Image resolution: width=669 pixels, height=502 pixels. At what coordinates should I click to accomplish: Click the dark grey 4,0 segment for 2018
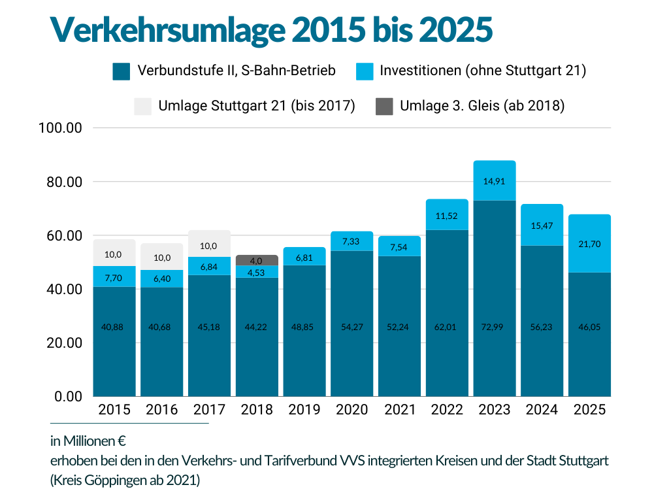(257, 259)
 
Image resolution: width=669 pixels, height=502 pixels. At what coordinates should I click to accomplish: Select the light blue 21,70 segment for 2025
(589, 243)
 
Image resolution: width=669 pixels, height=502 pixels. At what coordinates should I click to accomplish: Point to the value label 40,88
(114, 327)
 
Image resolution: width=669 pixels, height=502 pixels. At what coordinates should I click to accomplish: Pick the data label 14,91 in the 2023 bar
(495, 182)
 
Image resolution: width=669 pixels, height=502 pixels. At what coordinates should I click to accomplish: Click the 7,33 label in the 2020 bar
(351, 242)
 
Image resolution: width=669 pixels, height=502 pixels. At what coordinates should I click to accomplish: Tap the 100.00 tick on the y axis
(60, 127)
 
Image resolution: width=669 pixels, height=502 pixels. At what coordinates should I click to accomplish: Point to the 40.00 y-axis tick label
(60, 289)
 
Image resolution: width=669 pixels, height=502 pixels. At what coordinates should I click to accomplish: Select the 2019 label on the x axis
(304, 410)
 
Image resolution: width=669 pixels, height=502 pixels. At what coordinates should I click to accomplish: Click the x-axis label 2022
(447, 410)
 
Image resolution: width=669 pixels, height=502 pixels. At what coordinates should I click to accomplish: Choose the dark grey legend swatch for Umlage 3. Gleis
(385, 106)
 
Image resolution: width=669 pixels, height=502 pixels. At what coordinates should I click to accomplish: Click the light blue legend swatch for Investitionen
(365, 71)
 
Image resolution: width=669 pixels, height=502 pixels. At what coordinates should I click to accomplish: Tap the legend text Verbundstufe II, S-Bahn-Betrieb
(237, 71)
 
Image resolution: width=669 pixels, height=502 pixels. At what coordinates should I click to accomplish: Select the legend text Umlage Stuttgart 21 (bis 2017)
(256, 106)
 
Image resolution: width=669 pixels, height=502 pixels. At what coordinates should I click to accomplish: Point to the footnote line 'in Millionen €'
(88, 441)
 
